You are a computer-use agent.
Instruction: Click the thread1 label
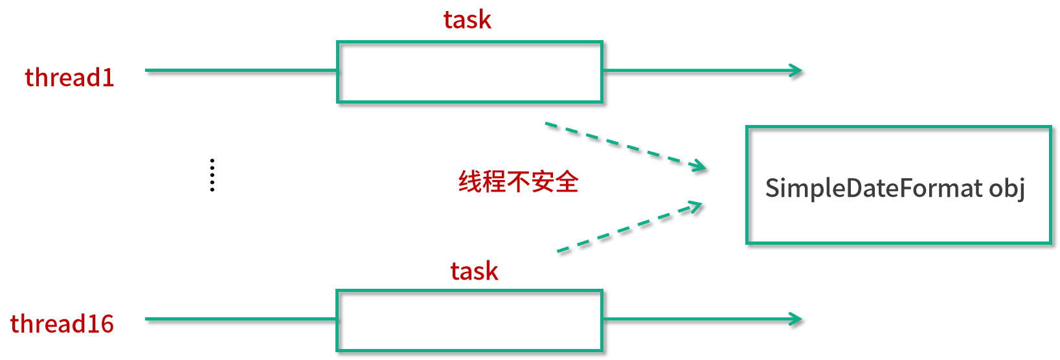tap(69, 78)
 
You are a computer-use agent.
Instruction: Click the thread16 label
tap(62, 324)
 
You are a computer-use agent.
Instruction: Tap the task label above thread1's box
tap(468, 20)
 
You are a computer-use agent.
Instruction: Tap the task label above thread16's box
tap(475, 271)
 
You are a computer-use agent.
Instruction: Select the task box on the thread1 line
tap(469, 72)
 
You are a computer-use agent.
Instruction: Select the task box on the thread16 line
tap(469, 321)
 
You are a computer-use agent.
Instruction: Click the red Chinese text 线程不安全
tap(518, 182)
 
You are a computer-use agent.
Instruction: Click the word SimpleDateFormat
tap(874, 188)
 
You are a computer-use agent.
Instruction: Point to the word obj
tap(1007, 188)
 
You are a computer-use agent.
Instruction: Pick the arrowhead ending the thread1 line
tap(797, 70)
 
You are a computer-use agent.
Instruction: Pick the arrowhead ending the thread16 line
tap(797, 319)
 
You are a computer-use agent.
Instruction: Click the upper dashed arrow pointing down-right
tap(622, 144)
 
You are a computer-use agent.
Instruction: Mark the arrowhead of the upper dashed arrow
tap(700, 166)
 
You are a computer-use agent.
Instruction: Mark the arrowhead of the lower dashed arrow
tap(696, 207)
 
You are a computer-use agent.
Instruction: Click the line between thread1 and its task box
tap(240, 70)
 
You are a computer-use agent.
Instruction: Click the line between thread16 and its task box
tap(240, 319)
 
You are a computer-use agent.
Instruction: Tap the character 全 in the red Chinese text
tap(567, 182)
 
